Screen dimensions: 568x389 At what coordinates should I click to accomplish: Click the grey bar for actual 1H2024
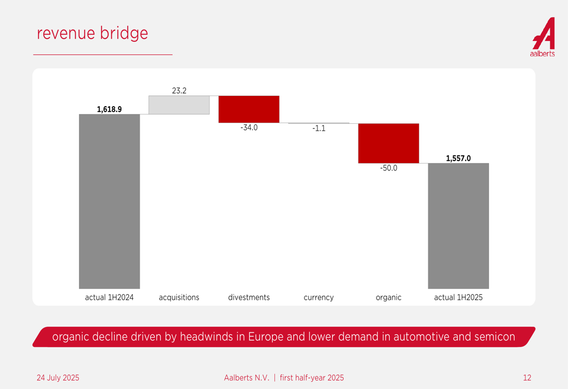click(110, 202)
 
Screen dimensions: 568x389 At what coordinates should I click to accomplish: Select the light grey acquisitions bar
click(179, 105)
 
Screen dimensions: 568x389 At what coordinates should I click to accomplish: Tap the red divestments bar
click(249, 109)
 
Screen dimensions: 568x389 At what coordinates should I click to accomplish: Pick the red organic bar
click(389, 144)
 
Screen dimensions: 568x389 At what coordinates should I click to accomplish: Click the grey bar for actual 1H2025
click(458, 226)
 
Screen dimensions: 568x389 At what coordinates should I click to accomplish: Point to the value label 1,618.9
click(110, 109)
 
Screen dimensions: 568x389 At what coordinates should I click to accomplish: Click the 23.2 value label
click(179, 90)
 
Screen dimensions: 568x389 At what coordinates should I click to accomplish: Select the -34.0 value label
click(249, 128)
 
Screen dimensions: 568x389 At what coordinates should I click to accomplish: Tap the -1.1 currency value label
click(319, 128)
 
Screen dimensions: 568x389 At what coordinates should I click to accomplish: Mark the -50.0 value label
click(389, 168)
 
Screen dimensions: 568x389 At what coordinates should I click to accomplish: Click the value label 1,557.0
click(458, 158)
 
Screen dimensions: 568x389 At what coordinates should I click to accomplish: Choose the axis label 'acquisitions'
click(179, 298)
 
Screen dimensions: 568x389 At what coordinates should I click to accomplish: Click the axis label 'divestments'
click(249, 298)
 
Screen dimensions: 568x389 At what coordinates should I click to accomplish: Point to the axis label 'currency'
click(319, 298)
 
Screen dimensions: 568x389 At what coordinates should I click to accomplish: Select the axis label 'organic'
click(389, 298)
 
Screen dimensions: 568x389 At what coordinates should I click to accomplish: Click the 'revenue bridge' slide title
click(93, 33)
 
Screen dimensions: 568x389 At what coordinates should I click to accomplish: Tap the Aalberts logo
click(543, 37)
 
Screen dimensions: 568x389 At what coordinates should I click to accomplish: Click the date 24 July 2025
click(58, 378)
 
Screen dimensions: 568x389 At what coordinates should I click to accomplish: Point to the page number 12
click(527, 378)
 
